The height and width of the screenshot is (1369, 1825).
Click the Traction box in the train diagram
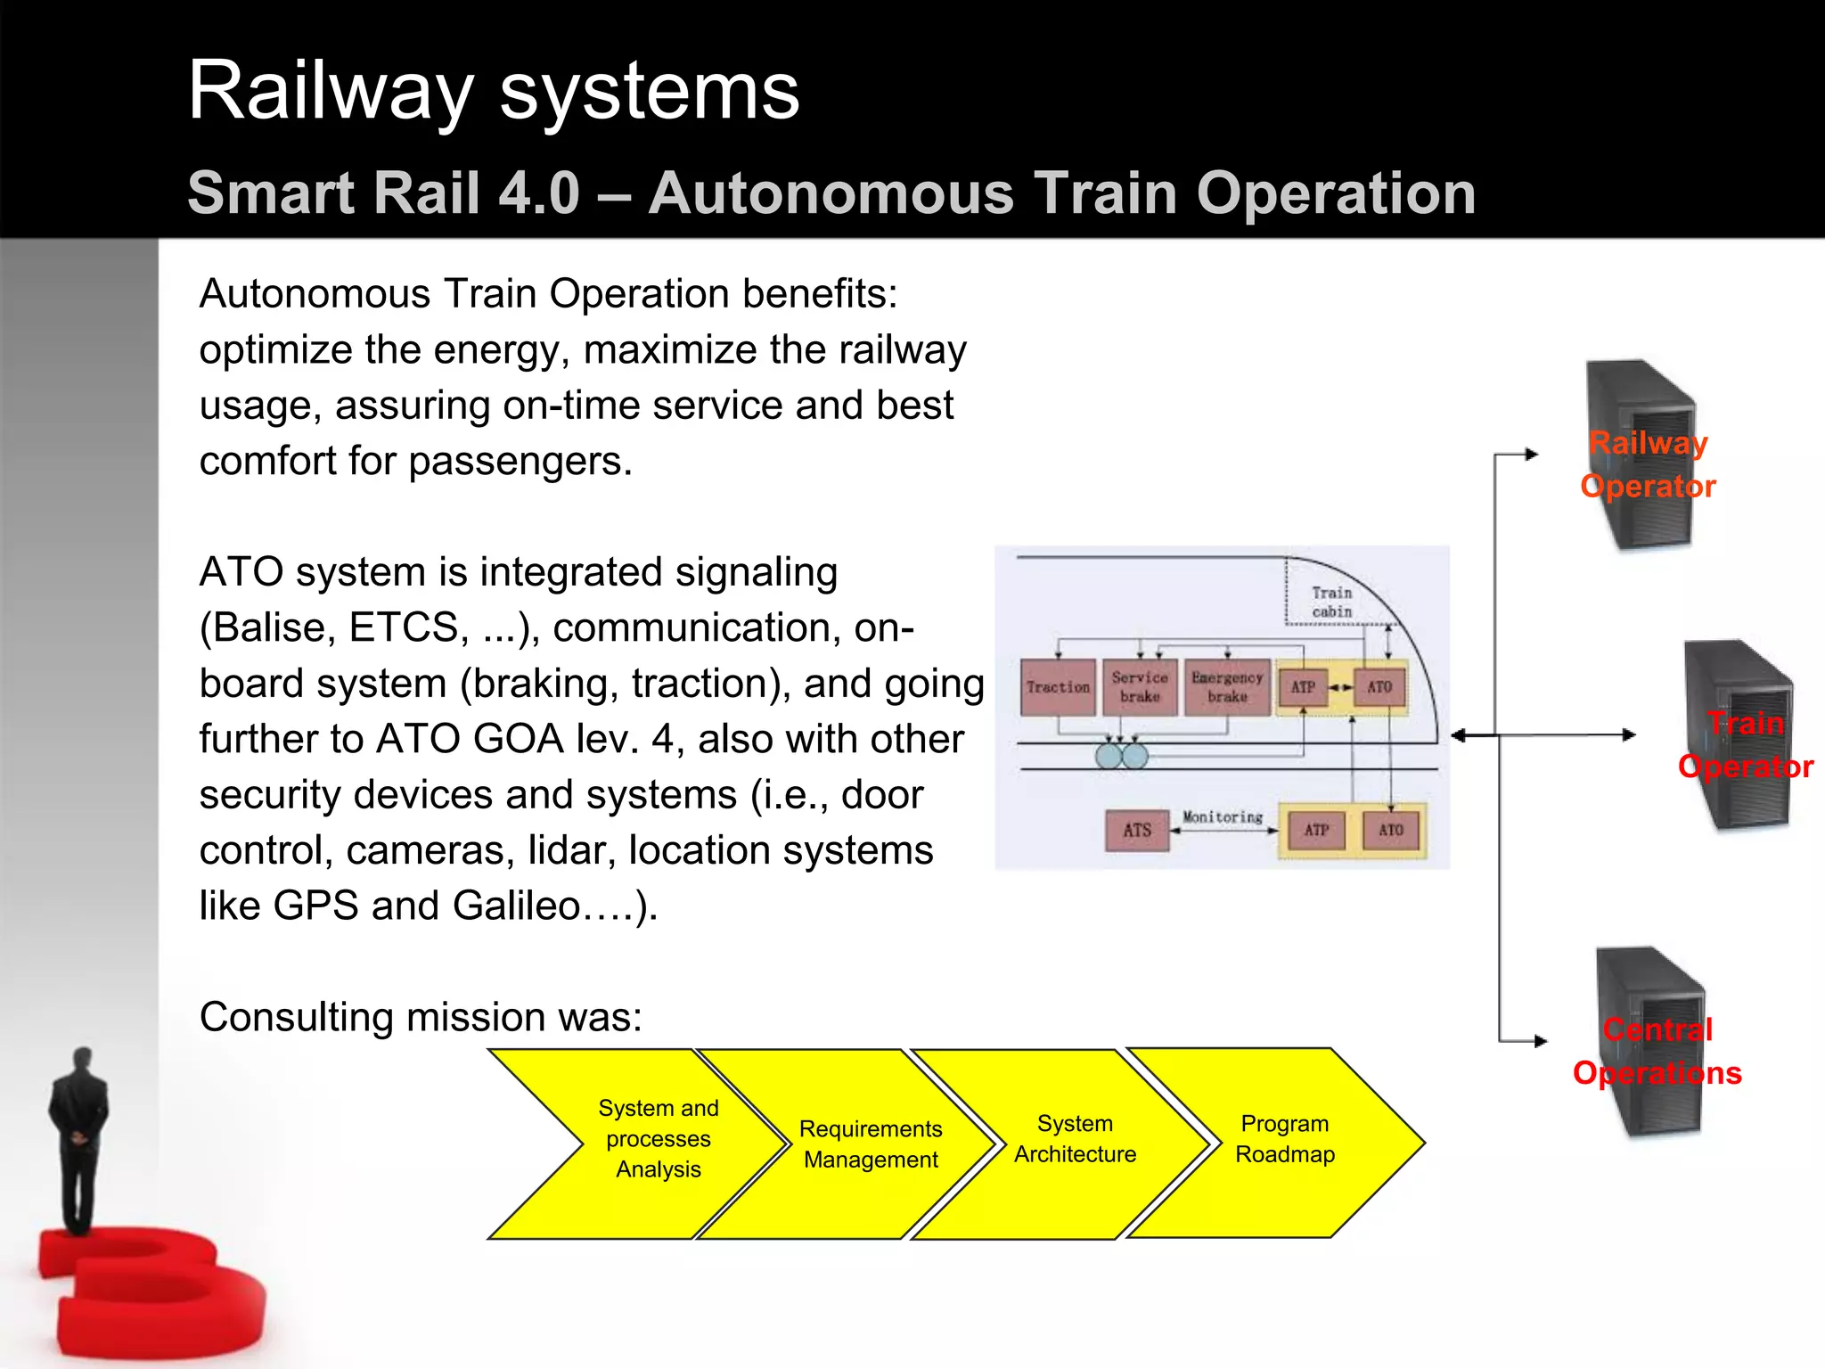click(1058, 687)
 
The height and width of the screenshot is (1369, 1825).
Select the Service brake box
click(1140, 687)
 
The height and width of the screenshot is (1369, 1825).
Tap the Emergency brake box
click(1227, 687)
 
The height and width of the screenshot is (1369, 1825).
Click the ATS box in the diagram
click(1137, 831)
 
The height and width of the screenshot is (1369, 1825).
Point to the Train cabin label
click(1331, 603)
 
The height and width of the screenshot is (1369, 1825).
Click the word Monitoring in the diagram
click(1222, 816)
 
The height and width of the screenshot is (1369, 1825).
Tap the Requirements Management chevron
click(870, 1144)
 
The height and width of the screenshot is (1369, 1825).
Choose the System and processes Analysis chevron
click(658, 1139)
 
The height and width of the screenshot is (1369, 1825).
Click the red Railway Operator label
click(1648, 464)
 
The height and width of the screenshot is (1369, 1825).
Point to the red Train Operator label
click(1745, 745)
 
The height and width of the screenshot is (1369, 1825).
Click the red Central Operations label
click(1657, 1052)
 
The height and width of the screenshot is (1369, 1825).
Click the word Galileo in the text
click(516, 906)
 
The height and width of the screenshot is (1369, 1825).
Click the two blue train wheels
click(1121, 757)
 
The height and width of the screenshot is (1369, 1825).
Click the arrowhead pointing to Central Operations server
click(1541, 1041)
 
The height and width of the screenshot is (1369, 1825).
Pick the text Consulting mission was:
click(421, 1017)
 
